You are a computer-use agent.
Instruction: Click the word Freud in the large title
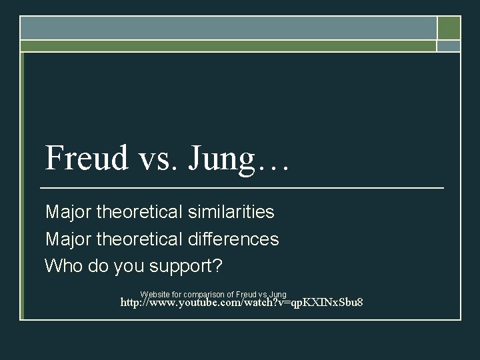(85, 159)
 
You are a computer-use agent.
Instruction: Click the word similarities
(233, 213)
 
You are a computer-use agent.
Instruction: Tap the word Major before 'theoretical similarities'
(68, 213)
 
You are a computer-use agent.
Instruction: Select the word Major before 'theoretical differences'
(68, 239)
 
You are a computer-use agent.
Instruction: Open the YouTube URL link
(241, 303)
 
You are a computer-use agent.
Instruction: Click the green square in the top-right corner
(449, 28)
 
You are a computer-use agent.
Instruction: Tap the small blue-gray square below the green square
(449, 46)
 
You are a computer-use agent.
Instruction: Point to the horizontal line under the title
(243, 189)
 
